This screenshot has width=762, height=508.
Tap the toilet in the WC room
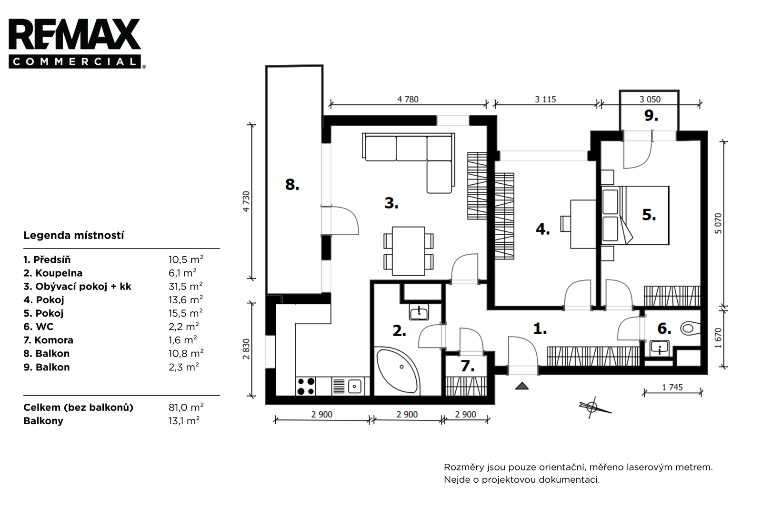(x=690, y=328)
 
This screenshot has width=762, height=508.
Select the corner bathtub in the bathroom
(x=397, y=371)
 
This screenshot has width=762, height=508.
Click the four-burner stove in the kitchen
(x=306, y=386)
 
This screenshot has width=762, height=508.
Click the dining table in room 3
(x=408, y=251)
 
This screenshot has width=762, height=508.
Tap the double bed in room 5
(x=635, y=215)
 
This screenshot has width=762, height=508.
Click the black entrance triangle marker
(x=522, y=386)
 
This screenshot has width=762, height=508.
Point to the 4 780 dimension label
(x=408, y=100)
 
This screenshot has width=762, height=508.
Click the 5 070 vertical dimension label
(x=718, y=223)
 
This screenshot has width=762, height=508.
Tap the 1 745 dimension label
(x=672, y=387)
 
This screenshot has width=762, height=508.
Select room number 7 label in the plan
(x=467, y=366)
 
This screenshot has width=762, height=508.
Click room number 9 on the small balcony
(x=651, y=116)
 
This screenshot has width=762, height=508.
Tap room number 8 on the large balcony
(x=292, y=185)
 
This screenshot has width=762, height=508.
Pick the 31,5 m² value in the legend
(x=186, y=286)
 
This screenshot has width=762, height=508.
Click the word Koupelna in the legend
(x=59, y=273)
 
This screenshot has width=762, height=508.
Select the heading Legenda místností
(x=73, y=235)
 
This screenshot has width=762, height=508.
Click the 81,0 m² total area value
(x=186, y=407)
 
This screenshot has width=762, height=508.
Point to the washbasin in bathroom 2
(x=419, y=312)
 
